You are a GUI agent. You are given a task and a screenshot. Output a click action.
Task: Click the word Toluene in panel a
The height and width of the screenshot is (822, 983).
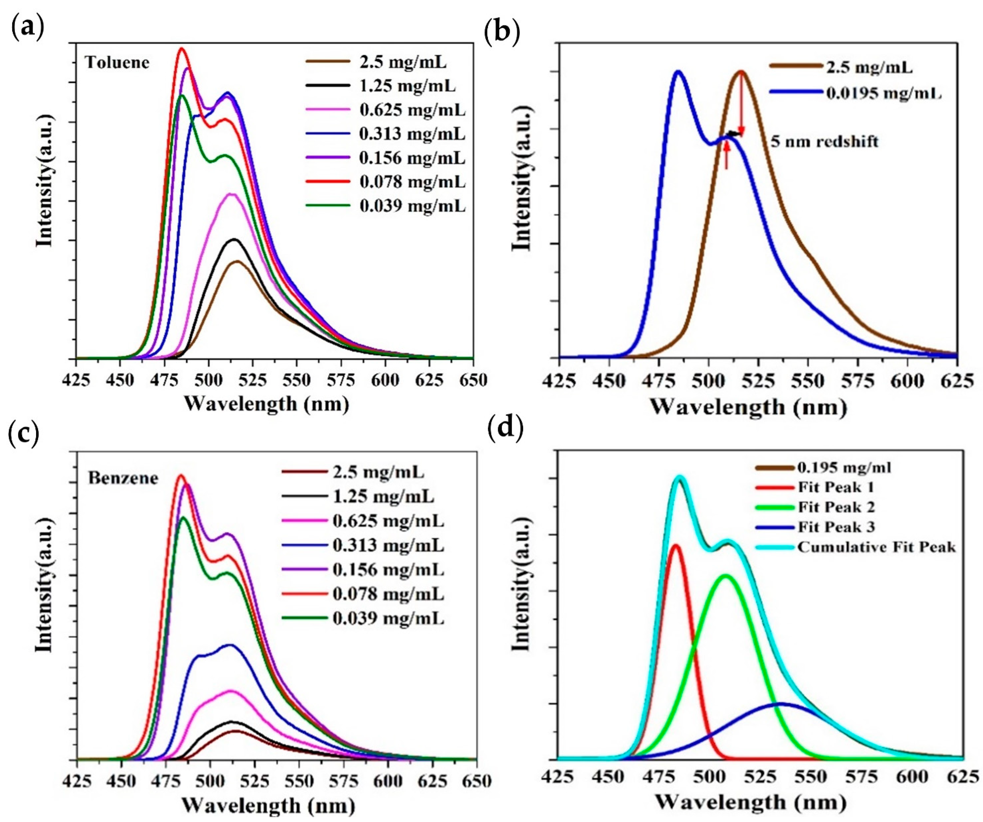click(x=117, y=62)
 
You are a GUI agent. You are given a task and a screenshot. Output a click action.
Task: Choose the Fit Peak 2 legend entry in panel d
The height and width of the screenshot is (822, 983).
click(x=836, y=507)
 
